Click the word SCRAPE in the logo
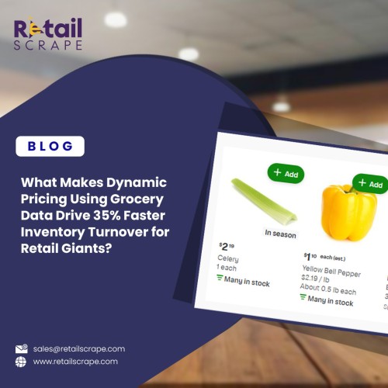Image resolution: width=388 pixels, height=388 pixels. [x=48, y=46]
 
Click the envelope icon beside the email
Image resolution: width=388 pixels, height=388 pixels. [x=21, y=349]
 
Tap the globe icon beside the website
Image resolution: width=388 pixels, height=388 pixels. [x=21, y=362]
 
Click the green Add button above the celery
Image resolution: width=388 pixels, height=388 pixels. [x=286, y=173]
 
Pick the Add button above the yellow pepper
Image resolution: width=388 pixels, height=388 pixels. [x=371, y=184]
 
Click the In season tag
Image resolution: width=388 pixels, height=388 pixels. [x=280, y=233]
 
